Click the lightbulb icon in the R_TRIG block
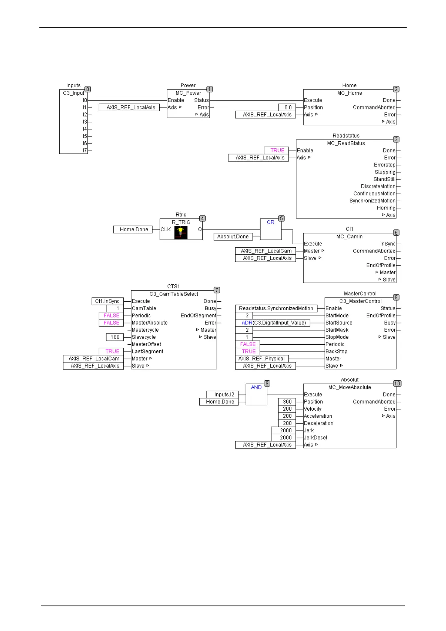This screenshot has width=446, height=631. point(181,232)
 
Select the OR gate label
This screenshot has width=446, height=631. point(271,222)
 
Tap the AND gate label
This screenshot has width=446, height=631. point(256,387)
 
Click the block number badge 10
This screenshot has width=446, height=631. point(397,383)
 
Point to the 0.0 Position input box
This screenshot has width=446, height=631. point(287,108)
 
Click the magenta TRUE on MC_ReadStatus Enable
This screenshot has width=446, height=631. point(277,150)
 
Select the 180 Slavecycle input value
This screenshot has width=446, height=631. point(115,337)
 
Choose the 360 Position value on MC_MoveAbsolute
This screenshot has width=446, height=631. point(287,402)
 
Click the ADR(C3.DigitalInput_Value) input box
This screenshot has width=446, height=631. point(274,323)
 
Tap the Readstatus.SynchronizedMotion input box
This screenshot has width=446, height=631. point(276,308)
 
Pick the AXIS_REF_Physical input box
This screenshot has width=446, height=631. point(262,359)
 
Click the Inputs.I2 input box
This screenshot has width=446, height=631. point(224,395)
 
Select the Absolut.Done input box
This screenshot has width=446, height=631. point(233,237)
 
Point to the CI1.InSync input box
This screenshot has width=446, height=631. point(107,301)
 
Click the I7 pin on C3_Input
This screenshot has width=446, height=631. point(85,151)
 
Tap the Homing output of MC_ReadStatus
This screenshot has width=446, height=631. point(386,208)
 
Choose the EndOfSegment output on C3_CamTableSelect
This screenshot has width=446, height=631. point(198,315)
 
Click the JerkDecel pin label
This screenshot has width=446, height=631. point(315,438)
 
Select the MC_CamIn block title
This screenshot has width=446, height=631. point(349,237)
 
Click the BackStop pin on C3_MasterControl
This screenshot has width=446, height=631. point(336,351)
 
